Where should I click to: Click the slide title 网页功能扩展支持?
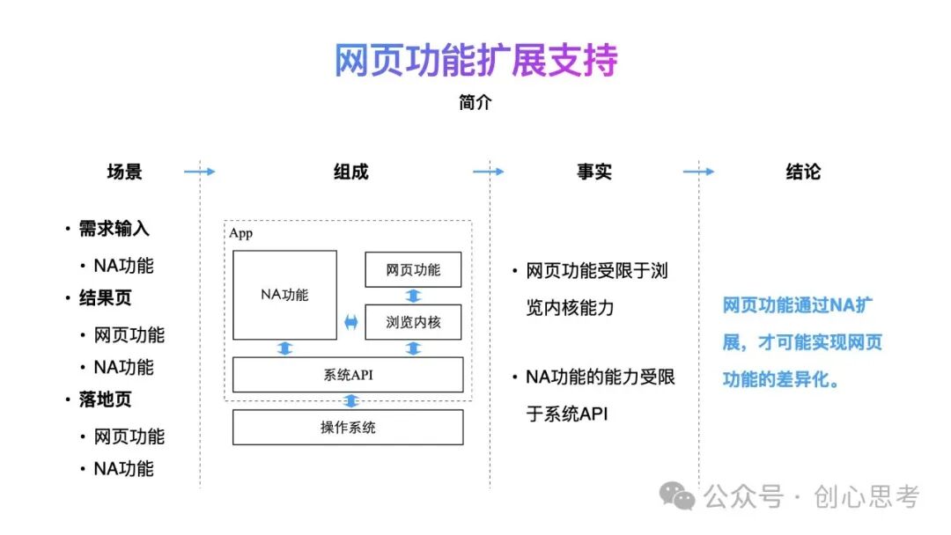[x=475, y=60]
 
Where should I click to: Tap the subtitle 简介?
[x=475, y=103]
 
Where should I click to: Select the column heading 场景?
[x=124, y=172]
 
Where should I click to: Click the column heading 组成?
[x=350, y=172]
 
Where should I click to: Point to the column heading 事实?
[x=594, y=172]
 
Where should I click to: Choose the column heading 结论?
[x=802, y=172]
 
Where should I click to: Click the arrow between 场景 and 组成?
[x=199, y=172]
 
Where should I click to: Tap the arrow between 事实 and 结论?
[x=698, y=172]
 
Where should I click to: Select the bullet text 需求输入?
[x=114, y=229]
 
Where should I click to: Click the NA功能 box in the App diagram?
[x=284, y=295]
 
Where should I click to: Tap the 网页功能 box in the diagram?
[x=413, y=269]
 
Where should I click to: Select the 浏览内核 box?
[x=413, y=322]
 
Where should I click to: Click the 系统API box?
[x=347, y=375]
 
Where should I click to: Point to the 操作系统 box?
[x=347, y=428]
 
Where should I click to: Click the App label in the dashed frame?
[x=240, y=233]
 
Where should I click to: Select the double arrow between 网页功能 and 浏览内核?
[x=413, y=296]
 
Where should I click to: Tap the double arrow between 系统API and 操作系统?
[x=351, y=401]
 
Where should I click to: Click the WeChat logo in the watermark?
[x=678, y=497]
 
